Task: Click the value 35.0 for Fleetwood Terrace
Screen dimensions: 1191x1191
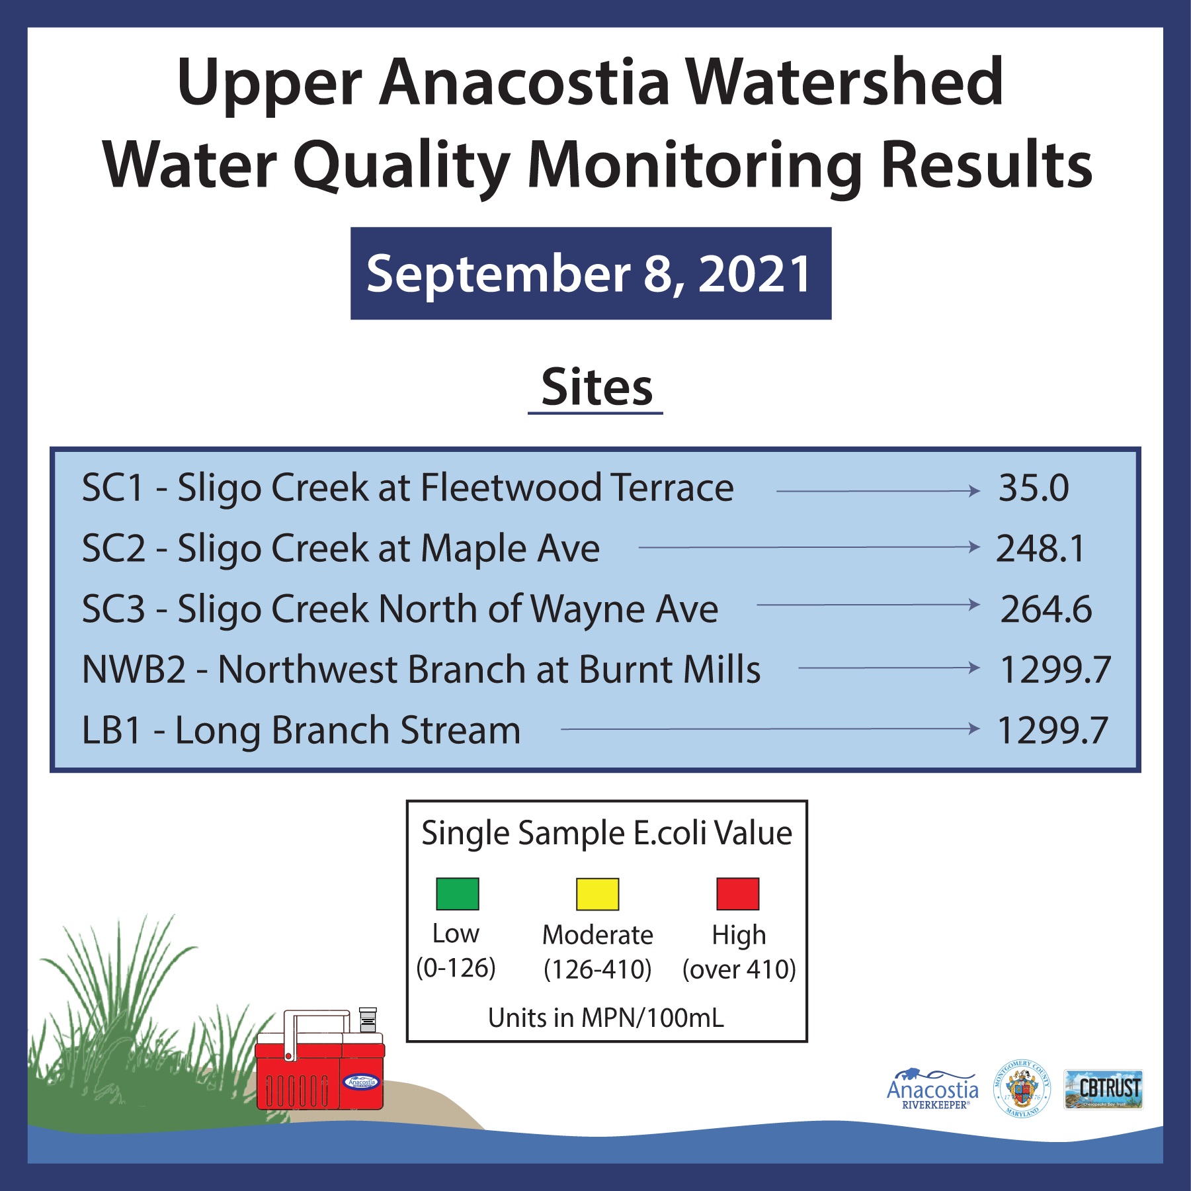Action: (1033, 488)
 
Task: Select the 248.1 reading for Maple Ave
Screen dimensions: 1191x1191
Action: (1040, 549)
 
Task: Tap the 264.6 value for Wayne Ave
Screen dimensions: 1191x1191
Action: (1046, 609)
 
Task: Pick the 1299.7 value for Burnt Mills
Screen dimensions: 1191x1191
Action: (1055, 670)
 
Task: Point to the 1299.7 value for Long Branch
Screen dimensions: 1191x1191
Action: (1052, 730)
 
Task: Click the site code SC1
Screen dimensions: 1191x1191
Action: (112, 488)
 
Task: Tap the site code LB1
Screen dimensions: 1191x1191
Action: (111, 730)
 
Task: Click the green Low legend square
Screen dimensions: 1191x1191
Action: (457, 894)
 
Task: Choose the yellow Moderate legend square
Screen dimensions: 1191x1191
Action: (597, 894)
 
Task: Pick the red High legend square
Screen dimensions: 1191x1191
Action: (737, 894)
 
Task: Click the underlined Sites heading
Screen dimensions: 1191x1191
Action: (596, 388)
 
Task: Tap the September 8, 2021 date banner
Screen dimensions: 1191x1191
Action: (591, 273)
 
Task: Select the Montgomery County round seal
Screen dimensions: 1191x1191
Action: (1022, 1088)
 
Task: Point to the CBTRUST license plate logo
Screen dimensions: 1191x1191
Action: (1103, 1089)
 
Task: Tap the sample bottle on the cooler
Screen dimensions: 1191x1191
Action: (368, 1020)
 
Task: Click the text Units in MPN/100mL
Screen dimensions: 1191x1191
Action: (606, 1018)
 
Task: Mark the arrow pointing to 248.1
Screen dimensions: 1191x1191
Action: (809, 547)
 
